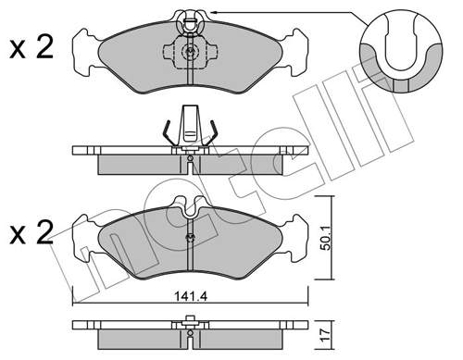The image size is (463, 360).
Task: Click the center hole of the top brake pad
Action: click(x=189, y=53)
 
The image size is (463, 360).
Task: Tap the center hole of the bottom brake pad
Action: click(x=189, y=238)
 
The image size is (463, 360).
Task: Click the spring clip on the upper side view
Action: click(x=189, y=127)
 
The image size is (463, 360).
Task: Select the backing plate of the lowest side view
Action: click(x=189, y=326)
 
